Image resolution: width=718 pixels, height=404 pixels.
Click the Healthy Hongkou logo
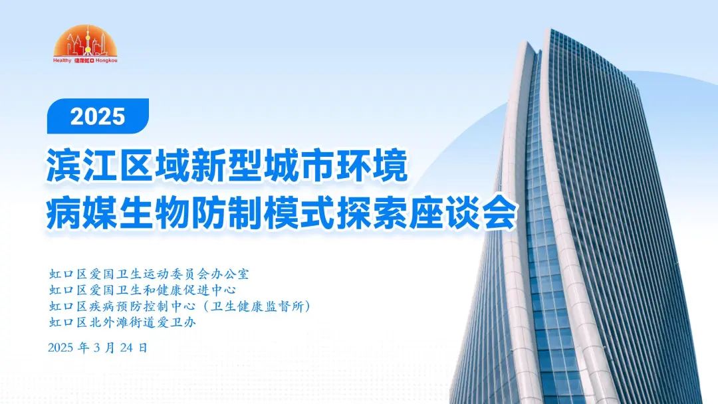(85, 44)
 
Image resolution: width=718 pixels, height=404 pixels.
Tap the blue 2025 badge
(98, 116)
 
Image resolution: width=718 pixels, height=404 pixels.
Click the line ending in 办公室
(150, 274)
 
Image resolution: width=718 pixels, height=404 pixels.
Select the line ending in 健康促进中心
(143, 290)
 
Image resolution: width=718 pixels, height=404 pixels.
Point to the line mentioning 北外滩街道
(123, 322)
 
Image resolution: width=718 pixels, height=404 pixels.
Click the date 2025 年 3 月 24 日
(98, 348)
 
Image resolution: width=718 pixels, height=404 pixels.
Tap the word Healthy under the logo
(62, 60)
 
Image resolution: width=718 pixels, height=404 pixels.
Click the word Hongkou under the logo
(106, 60)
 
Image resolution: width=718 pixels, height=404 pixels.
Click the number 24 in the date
(127, 348)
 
